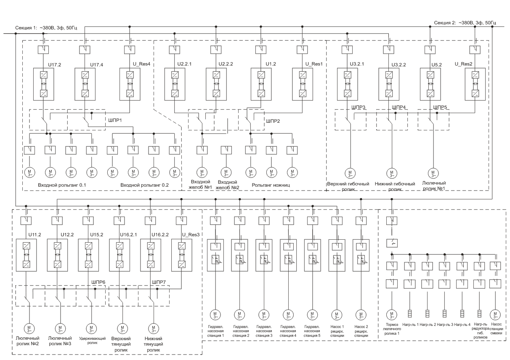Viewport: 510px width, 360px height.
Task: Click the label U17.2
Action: pos(54,65)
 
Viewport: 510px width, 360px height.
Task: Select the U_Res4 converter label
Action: pos(141,64)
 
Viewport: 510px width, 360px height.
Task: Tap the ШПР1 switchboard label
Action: pos(115,120)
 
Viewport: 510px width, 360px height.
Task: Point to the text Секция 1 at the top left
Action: pos(26,28)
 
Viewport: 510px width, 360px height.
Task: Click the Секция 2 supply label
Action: pos(445,23)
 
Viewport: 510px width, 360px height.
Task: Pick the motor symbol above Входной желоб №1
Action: pos(202,173)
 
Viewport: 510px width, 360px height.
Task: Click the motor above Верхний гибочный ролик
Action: pos(350,173)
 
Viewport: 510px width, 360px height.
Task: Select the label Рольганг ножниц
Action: pos(271,185)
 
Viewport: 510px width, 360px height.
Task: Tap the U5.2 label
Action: pos(436,65)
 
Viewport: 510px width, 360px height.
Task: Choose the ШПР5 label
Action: pos(440,107)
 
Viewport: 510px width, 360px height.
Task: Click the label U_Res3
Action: pos(191,235)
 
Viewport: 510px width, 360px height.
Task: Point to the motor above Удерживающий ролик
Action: pos(91,328)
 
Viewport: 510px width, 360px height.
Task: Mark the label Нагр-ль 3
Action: pos(445,325)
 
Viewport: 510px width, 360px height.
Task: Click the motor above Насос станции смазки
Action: pos(495,315)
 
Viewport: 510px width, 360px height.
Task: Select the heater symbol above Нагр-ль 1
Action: pos(410,314)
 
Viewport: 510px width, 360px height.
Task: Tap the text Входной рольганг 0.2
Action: pos(145,185)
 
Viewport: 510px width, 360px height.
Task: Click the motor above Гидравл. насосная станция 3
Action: pos(264,315)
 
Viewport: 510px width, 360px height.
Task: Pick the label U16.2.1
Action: pos(128,235)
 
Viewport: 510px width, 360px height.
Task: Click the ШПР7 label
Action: pos(159,282)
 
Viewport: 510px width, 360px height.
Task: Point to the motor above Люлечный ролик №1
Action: pos(433,173)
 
